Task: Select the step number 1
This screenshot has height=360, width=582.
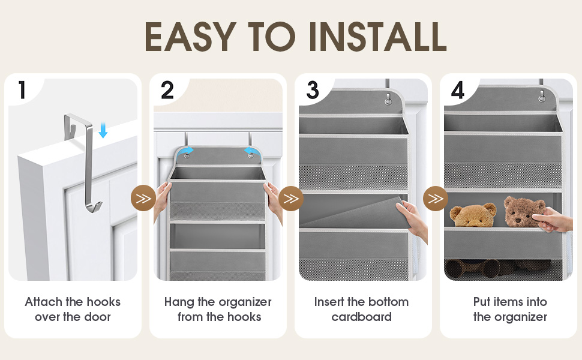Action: click(x=22, y=90)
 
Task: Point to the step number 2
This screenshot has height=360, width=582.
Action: click(x=167, y=90)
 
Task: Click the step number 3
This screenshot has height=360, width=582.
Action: click(x=313, y=90)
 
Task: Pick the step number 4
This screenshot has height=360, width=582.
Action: click(x=458, y=90)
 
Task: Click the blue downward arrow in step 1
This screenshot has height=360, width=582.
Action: click(x=103, y=130)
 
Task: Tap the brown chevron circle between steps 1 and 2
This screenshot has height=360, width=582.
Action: click(x=143, y=198)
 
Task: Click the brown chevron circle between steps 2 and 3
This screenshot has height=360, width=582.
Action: click(x=290, y=198)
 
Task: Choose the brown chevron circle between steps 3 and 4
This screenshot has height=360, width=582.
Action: click(x=436, y=198)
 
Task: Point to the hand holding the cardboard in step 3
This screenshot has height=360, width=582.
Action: click(x=412, y=219)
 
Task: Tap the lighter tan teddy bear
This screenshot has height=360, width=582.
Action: click(x=473, y=215)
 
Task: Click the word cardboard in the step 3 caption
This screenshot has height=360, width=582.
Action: click(x=361, y=317)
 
